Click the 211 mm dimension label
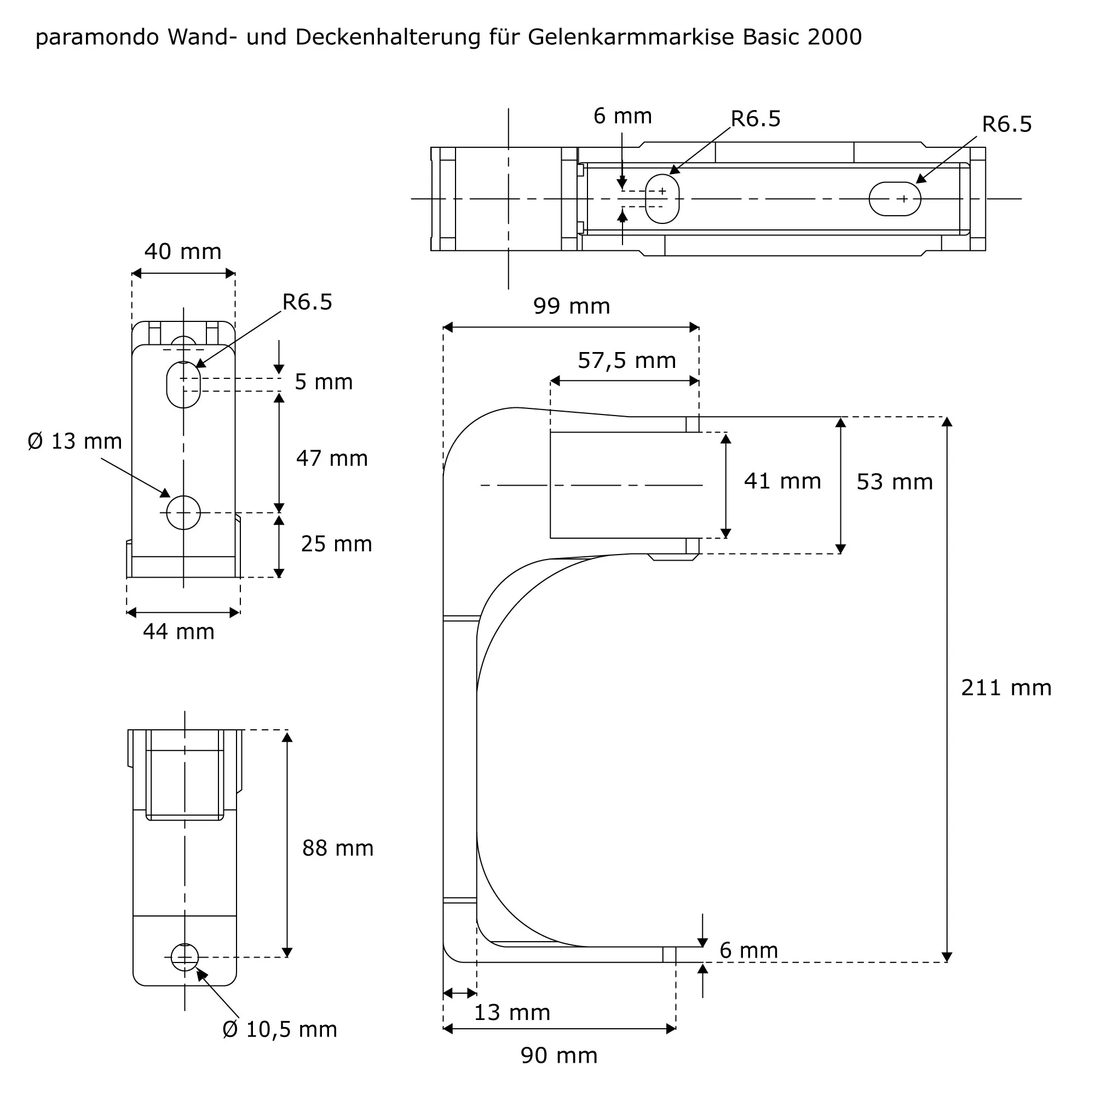(x=1006, y=688)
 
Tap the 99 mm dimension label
(x=571, y=307)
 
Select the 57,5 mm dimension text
(x=626, y=361)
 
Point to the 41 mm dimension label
(x=782, y=481)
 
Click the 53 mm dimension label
(x=895, y=482)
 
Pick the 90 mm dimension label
(x=559, y=1056)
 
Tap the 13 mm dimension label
(x=512, y=1012)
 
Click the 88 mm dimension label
(x=338, y=848)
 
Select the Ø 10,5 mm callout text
(x=279, y=1029)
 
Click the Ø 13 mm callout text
(x=75, y=441)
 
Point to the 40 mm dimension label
(x=182, y=252)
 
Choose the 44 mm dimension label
(x=178, y=631)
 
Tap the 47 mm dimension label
(x=332, y=458)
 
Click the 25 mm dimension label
(x=336, y=544)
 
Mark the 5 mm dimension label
(x=324, y=382)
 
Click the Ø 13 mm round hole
(x=183, y=512)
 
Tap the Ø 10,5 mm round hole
(x=185, y=957)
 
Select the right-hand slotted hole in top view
(x=895, y=199)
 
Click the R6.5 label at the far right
(x=1007, y=125)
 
